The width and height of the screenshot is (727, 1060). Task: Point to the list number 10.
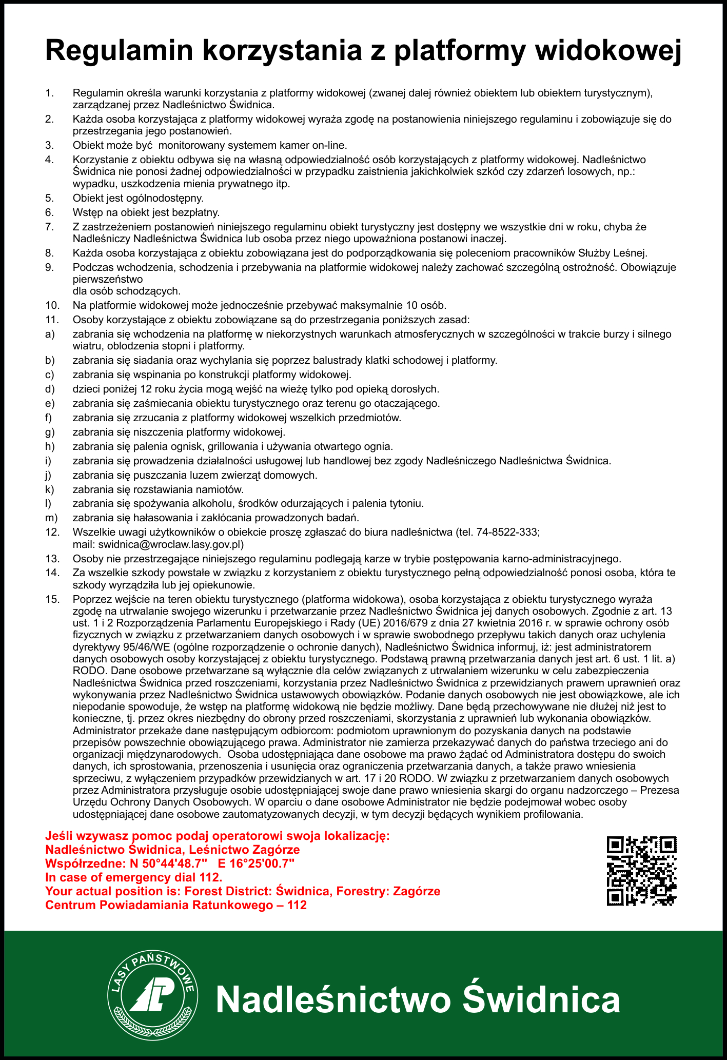point(52,306)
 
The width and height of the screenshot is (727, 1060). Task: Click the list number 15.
point(52,599)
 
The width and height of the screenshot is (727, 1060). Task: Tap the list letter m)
point(51,517)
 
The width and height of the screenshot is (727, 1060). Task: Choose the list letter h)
point(50,446)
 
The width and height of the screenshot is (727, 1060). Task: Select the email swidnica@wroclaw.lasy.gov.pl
point(171,544)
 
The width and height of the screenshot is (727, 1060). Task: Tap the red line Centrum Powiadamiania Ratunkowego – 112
point(176,905)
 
